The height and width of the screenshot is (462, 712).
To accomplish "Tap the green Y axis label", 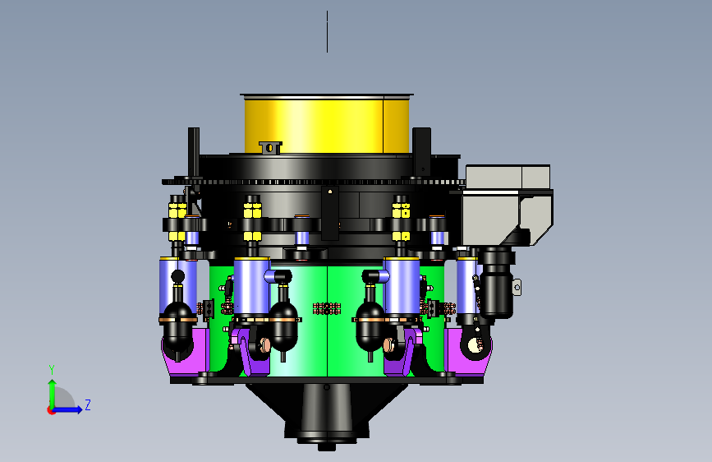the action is point(52,370).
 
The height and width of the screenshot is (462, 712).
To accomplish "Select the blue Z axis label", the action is point(88,404).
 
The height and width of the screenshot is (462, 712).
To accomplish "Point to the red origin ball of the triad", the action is point(51,410).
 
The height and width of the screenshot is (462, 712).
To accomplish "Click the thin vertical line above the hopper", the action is point(327,32).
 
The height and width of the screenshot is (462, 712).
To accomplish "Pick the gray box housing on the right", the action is point(507,205).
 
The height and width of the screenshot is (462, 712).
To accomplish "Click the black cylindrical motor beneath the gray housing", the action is point(497,282).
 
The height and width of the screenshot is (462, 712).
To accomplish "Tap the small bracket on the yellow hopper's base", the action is point(270,147).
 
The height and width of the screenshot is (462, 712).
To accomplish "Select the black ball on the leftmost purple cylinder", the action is point(177,276).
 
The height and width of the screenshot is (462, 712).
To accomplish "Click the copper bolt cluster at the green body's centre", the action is point(327,309).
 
